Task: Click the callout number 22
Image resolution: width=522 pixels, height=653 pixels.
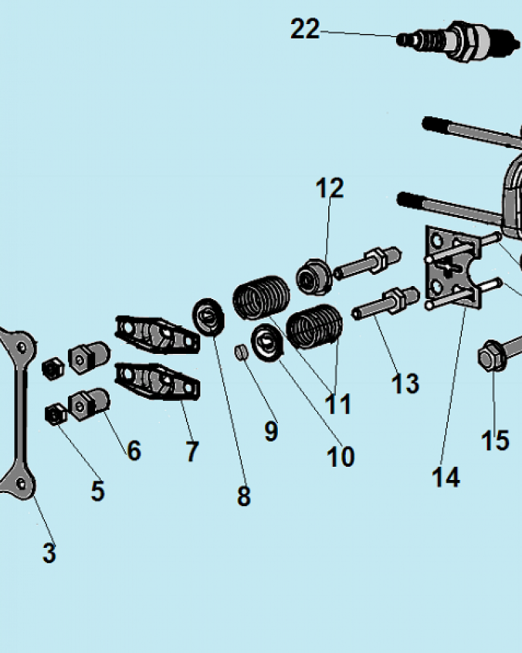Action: click(x=305, y=29)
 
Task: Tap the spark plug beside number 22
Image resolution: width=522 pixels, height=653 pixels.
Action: click(x=458, y=40)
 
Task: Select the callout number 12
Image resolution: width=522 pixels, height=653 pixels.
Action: click(x=330, y=188)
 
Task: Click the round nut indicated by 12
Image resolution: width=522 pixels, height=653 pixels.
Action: click(x=313, y=277)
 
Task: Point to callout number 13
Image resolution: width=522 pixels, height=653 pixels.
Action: click(x=405, y=383)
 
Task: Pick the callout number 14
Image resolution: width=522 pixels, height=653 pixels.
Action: click(x=446, y=477)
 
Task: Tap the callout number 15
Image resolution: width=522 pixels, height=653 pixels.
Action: click(x=495, y=440)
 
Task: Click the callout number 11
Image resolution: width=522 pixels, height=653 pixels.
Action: click(x=337, y=404)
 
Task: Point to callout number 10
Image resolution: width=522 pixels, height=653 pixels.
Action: click(x=341, y=456)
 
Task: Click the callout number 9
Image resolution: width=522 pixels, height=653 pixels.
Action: click(x=271, y=431)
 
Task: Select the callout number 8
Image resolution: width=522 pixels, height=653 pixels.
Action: click(x=244, y=496)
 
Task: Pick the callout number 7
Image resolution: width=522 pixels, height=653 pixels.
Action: click(x=192, y=451)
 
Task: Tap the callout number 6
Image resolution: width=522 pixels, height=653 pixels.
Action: click(x=134, y=450)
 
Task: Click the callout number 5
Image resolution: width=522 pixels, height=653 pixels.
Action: click(x=98, y=491)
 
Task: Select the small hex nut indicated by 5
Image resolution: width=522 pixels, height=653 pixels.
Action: click(x=55, y=414)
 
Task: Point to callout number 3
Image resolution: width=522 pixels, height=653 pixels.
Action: click(x=49, y=553)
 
